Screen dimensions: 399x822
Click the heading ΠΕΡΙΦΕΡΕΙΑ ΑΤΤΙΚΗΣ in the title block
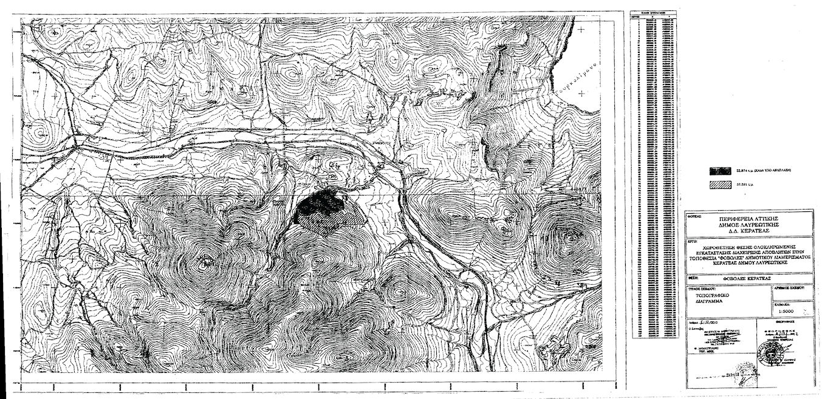click(749, 217)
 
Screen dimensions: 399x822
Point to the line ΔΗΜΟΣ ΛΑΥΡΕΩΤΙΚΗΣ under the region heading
click(749, 223)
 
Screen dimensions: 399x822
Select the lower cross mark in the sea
click(582, 92)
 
